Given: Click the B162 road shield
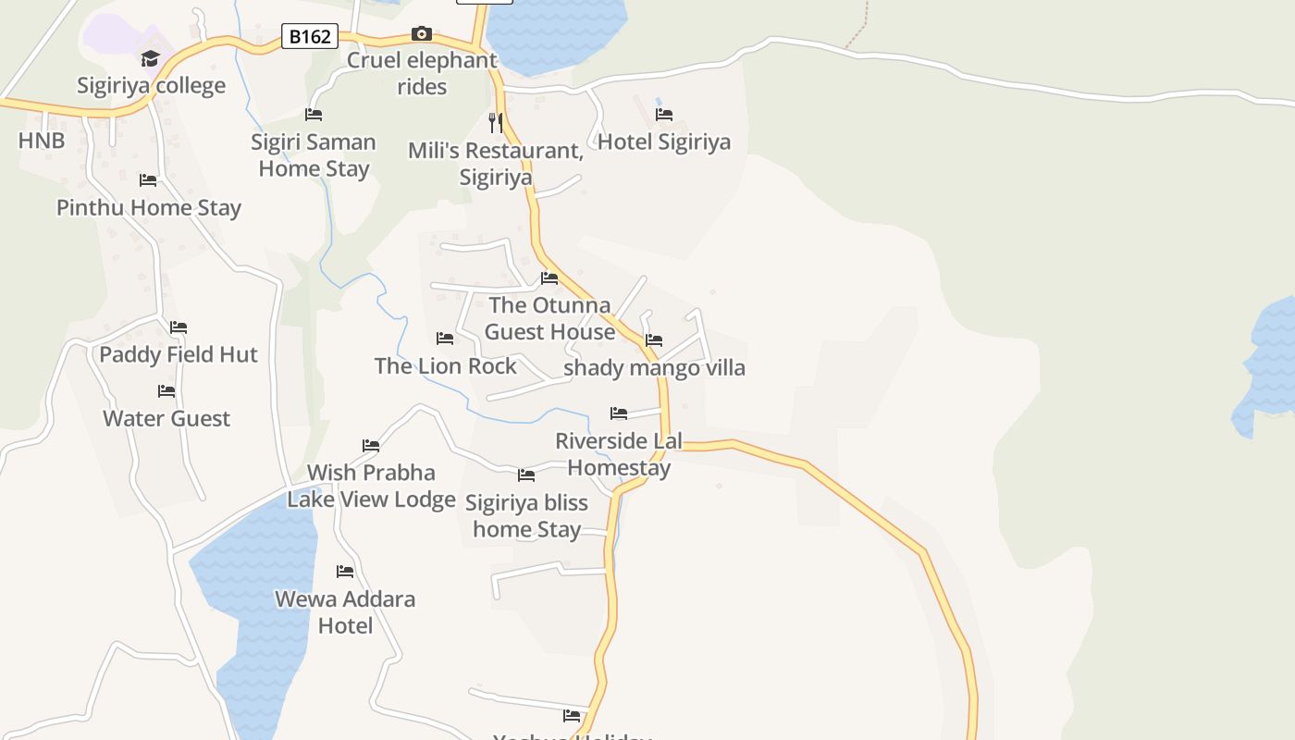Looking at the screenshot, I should (310, 37).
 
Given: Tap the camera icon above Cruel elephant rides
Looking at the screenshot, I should (422, 34).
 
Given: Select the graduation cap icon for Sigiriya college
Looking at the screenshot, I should (150, 59).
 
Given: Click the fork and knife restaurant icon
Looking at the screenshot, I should (496, 122).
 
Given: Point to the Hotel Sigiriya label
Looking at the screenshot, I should (664, 142).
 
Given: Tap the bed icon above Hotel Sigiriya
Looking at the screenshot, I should (664, 115).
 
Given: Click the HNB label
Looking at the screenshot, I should (42, 141).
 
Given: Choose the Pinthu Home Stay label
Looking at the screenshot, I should (149, 207).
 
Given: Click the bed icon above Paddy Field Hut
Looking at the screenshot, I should (179, 327).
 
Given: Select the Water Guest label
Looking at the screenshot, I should (166, 418).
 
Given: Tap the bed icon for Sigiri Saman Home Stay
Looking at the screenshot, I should (314, 115).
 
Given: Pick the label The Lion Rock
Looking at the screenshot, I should (446, 365).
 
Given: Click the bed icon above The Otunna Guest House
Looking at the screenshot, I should (549, 277).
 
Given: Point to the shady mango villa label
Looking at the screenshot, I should (655, 367).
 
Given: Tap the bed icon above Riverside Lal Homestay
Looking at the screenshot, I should (619, 413).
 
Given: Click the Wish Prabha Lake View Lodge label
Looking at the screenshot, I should (371, 486).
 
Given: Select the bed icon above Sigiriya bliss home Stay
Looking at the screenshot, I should (526, 475).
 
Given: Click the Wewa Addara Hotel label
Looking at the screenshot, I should (345, 611).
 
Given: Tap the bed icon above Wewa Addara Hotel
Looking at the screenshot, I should (345, 572).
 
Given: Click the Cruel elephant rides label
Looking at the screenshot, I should (422, 73).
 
